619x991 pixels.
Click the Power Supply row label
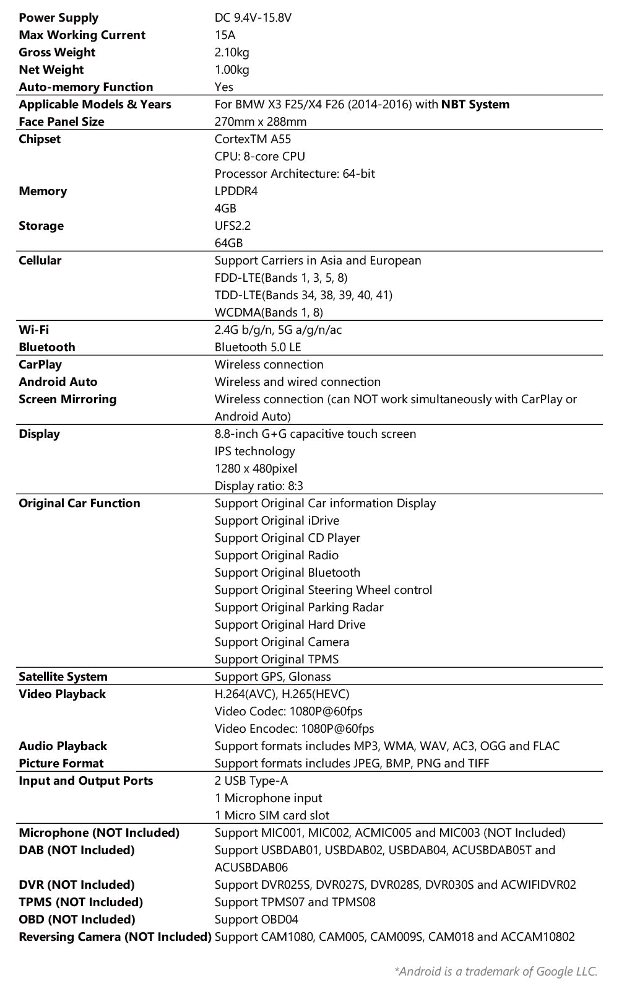[58, 18]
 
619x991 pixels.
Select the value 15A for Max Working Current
[225, 35]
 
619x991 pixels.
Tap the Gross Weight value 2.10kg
[232, 53]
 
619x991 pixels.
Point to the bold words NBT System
[475, 105]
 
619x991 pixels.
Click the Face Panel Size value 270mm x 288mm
[261, 122]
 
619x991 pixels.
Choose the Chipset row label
[40, 139]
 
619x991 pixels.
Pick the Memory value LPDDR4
[236, 191]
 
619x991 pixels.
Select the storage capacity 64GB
[228, 243]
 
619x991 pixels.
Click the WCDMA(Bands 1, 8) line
[269, 313]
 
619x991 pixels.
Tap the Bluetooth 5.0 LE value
[258, 347]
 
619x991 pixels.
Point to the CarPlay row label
[40, 365]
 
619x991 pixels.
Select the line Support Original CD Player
[287, 538]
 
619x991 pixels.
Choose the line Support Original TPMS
[277, 660]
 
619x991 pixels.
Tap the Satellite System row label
[63, 677]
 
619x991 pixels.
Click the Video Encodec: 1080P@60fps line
[294, 729]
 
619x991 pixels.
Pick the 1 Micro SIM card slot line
[272, 816]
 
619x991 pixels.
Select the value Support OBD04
[256, 920]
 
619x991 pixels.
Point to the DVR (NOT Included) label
[77, 885]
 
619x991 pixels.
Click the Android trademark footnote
[495, 971]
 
